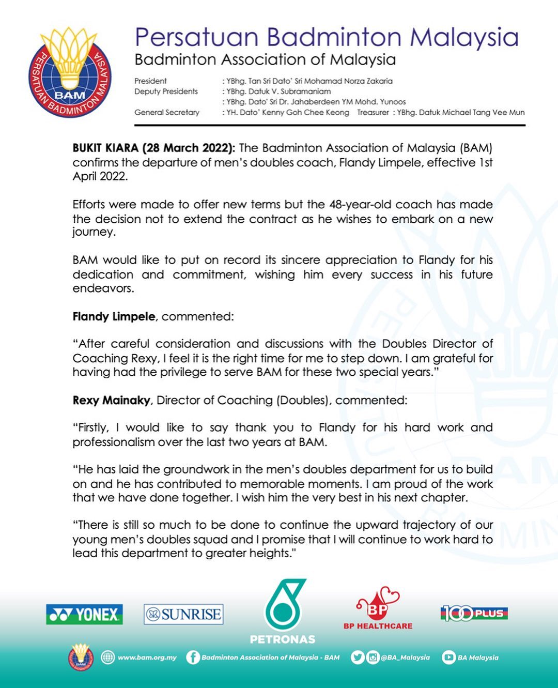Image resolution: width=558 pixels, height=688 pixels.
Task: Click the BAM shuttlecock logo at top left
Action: point(70,72)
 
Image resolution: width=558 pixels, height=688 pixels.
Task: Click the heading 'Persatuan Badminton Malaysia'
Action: point(326,38)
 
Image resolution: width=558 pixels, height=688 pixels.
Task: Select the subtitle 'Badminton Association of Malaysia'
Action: point(265,60)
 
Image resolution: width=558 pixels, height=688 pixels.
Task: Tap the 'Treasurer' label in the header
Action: point(373,112)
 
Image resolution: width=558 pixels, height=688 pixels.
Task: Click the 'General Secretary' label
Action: point(166,112)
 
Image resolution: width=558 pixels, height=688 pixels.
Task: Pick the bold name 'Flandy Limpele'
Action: point(114,316)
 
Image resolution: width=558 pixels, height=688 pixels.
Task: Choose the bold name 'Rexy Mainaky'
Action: point(111,400)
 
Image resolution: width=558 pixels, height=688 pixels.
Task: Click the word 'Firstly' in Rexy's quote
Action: point(93,427)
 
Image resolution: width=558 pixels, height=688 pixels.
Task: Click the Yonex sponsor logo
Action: point(84,615)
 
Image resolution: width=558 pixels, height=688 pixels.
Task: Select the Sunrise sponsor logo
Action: point(183,615)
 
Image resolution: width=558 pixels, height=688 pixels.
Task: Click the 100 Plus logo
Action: point(474,614)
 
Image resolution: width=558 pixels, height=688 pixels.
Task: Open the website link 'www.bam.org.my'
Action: point(147,658)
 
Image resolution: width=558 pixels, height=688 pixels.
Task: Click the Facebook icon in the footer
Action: point(193,658)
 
